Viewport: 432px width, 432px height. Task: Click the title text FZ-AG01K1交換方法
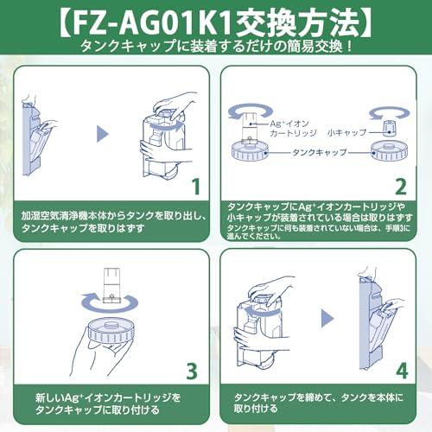click(x=216, y=19)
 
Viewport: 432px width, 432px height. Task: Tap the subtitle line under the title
click(x=216, y=45)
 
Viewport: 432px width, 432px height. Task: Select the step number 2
click(x=400, y=185)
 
